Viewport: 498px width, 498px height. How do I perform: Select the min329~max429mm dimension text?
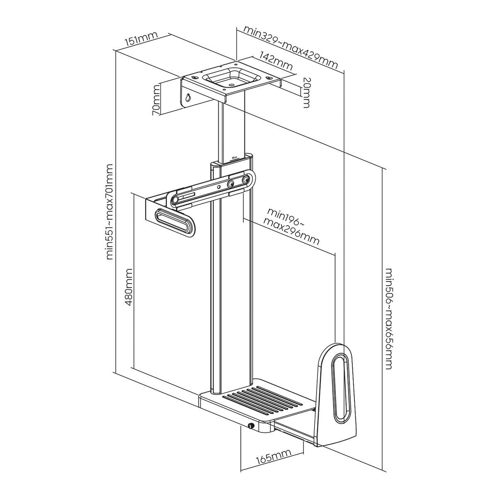coord(290,47)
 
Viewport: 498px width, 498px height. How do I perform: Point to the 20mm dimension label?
coord(306,92)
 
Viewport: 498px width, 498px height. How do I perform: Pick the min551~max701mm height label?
coord(109,212)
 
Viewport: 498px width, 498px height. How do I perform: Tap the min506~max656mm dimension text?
coord(388,320)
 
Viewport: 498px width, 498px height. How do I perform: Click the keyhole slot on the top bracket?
coord(189,98)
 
